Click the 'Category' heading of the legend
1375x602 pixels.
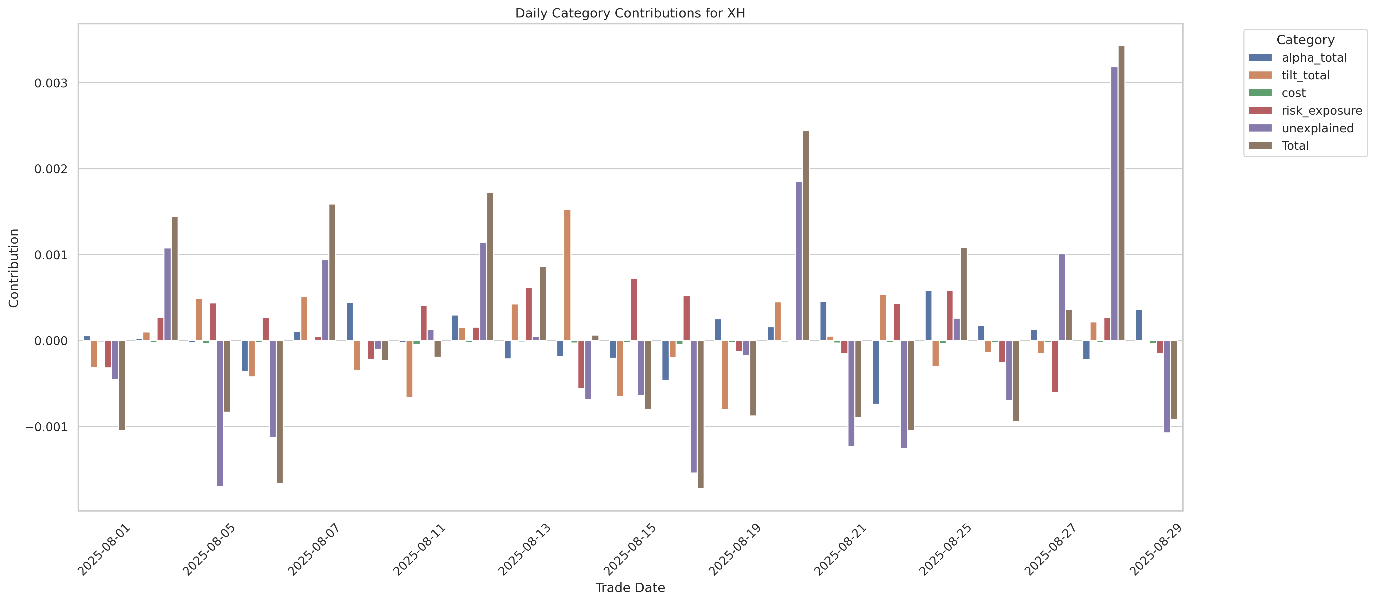pyautogui.click(x=1305, y=40)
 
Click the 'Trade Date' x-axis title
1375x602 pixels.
pyautogui.click(x=630, y=588)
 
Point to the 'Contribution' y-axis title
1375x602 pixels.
pyautogui.click(x=14, y=268)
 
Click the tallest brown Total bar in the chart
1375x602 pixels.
pyautogui.click(x=1121, y=193)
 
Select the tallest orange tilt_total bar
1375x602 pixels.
pyautogui.click(x=567, y=275)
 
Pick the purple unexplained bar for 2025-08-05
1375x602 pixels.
pyautogui.click(x=220, y=413)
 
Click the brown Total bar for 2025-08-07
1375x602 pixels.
pyautogui.click(x=332, y=272)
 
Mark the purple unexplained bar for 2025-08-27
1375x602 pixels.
pyautogui.click(x=1062, y=297)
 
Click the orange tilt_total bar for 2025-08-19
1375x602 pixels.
pyautogui.click(x=725, y=375)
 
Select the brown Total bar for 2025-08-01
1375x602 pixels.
pyautogui.click(x=122, y=385)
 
